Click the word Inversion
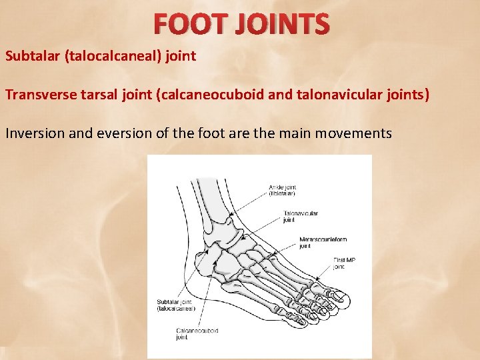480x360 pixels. tap(33, 133)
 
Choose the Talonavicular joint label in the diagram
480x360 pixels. tap(301, 216)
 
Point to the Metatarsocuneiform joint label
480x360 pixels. tap(323, 243)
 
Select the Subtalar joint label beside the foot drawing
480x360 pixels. tap(175, 305)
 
